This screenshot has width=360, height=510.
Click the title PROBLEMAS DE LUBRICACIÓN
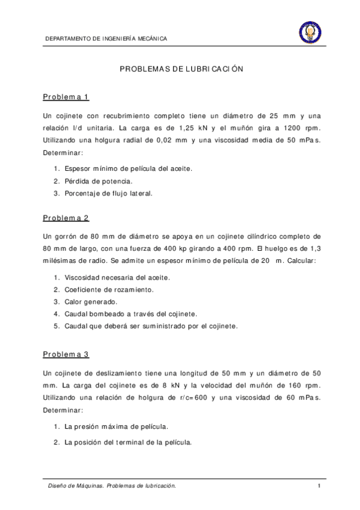[181, 69]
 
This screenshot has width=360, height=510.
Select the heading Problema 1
[66, 97]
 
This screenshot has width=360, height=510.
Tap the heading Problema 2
[66, 218]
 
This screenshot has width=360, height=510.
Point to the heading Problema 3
[66, 355]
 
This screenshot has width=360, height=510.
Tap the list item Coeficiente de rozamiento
[109, 289]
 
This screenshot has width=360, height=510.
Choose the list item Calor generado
[91, 301]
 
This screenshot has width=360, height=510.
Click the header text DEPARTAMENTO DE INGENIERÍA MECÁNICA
[106, 39]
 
